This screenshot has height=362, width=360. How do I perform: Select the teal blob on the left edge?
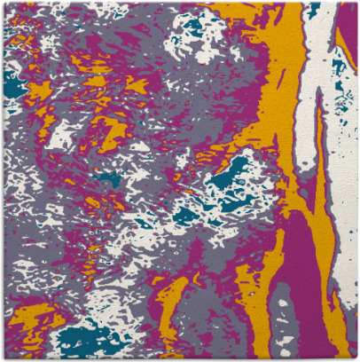(12, 84)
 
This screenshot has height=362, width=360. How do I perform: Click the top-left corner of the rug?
(3, 3)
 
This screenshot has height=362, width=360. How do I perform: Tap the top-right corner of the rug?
(356, 3)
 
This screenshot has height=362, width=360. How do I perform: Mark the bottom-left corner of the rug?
(3, 358)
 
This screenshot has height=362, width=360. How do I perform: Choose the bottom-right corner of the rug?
(356, 358)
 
